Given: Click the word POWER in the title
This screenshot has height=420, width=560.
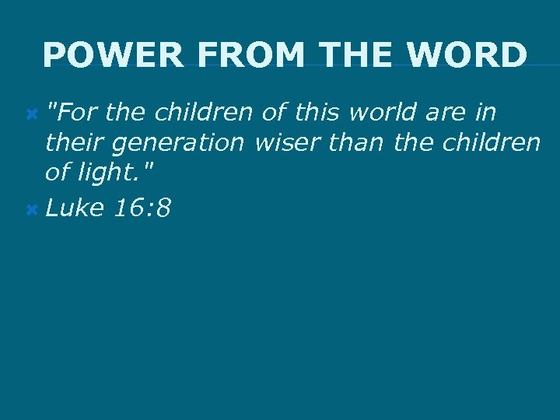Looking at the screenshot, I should (x=114, y=55).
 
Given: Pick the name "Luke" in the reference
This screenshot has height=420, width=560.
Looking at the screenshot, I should (x=74, y=208).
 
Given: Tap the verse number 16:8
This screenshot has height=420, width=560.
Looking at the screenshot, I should (x=142, y=208).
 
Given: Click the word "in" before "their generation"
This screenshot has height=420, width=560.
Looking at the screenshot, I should (x=486, y=114).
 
